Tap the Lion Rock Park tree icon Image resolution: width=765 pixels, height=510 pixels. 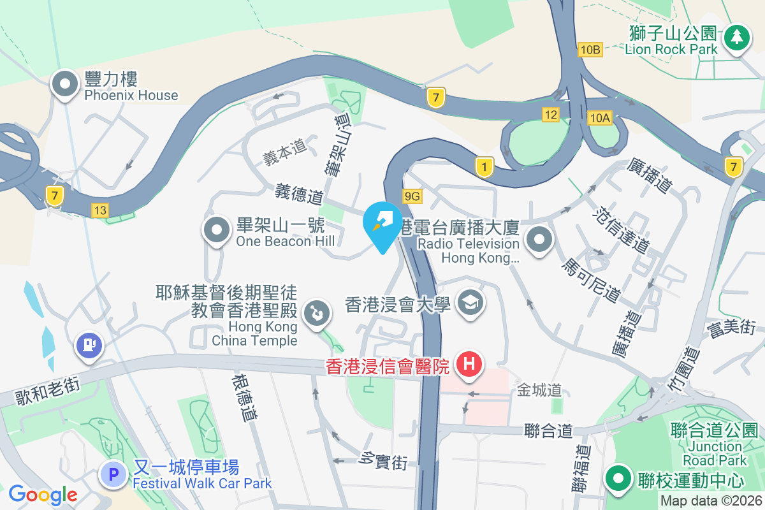coord(737,37)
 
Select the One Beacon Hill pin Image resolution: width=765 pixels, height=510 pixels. coord(217,230)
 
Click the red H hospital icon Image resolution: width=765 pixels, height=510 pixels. coord(469,365)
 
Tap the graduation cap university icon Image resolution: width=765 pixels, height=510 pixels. coord(470,302)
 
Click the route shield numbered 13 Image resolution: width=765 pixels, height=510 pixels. coord(100,209)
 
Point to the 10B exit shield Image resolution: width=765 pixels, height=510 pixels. coord(590,49)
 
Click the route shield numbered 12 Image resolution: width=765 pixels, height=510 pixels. coord(551,115)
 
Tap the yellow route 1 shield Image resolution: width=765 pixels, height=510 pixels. coord(484,168)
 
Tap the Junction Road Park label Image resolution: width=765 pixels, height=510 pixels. coord(715,453)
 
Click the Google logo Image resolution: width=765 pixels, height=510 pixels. coord(43,494)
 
